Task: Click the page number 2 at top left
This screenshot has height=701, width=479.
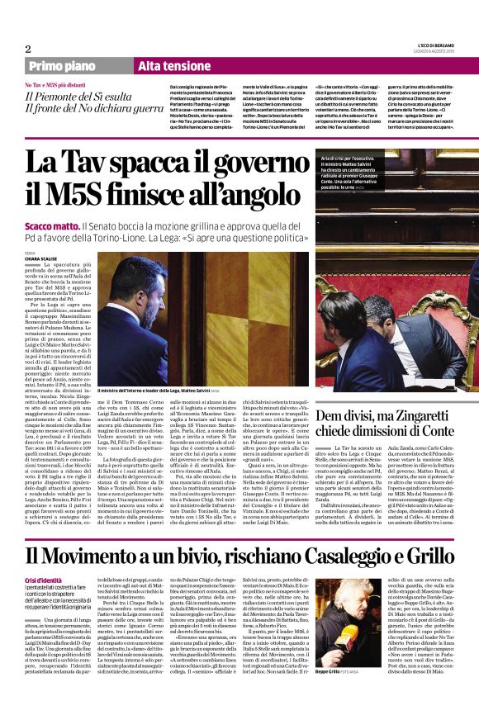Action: (28, 49)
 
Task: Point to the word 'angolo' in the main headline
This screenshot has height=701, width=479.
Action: (253, 197)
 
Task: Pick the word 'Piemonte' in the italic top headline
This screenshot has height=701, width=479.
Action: (67, 97)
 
